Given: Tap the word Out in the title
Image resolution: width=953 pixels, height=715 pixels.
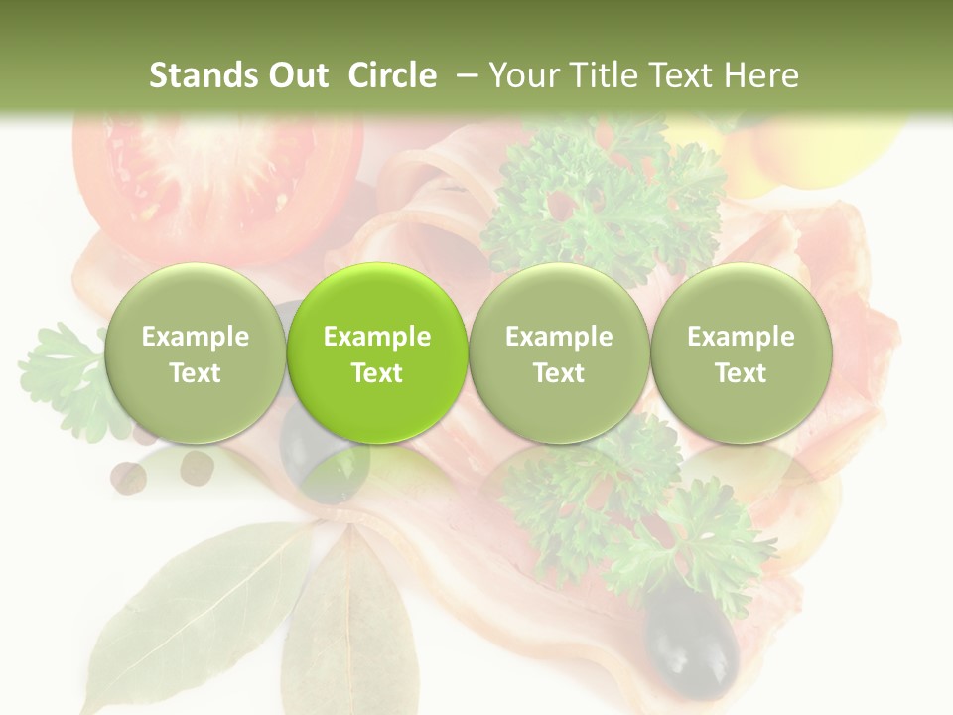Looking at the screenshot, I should [296, 75].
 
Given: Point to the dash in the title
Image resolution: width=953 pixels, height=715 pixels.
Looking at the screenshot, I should [463, 76].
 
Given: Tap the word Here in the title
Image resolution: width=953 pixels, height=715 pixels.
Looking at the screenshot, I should [765, 75].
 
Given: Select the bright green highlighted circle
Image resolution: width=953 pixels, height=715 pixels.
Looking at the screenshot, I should [377, 353].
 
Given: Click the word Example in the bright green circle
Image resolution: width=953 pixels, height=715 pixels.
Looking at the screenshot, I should [377, 337].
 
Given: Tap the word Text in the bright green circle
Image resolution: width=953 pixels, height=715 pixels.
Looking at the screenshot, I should [377, 373].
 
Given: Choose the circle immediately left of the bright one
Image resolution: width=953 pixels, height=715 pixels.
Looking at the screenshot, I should [195, 353].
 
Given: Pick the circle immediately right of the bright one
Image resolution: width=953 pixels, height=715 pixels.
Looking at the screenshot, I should [559, 353].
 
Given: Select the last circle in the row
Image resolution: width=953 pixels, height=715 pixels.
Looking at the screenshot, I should [741, 353].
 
